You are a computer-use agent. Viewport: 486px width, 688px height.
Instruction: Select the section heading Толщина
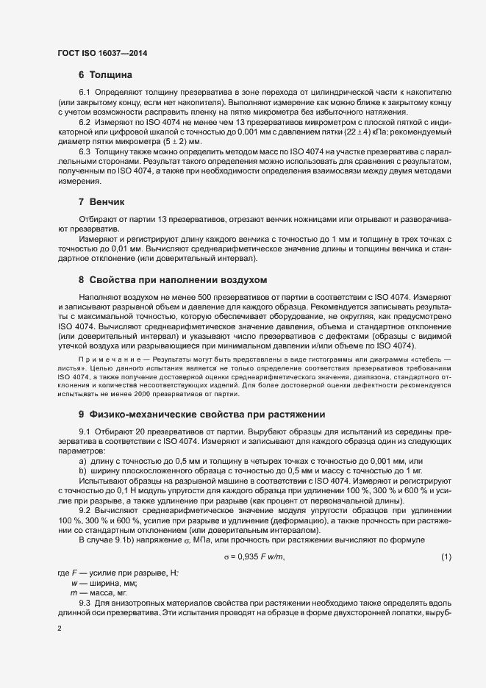tap(110, 74)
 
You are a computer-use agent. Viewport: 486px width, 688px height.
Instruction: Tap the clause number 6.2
tap(85, 121)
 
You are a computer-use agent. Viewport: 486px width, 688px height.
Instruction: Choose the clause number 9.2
tap(85, 509)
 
